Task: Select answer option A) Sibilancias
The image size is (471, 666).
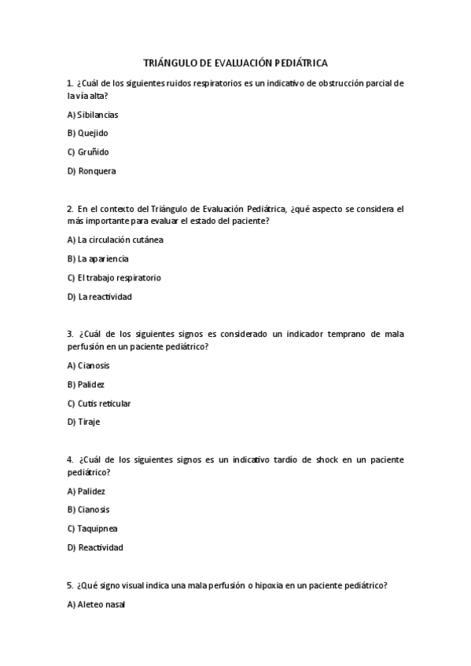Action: [93, 114]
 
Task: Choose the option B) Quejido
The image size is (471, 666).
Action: [88, 133]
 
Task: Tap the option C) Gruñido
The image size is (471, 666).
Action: [88, 152]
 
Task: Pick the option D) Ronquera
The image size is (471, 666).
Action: [91, 170]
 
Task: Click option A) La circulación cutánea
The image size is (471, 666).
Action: [115, 240]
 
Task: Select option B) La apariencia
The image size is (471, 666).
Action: [98, 258]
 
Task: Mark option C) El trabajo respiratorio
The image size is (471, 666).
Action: [114, 277]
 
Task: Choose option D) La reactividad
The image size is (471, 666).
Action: [100, 296]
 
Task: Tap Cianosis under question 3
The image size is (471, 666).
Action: [89, 365]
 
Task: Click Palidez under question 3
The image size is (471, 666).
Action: [86, 384]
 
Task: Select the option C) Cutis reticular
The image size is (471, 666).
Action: [99, 403]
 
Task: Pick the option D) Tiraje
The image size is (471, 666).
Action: [84, 422]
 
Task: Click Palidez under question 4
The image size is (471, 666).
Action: [86, 491]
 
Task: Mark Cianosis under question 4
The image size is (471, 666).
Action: [89, 510]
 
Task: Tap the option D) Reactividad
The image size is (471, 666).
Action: [95, 547]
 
